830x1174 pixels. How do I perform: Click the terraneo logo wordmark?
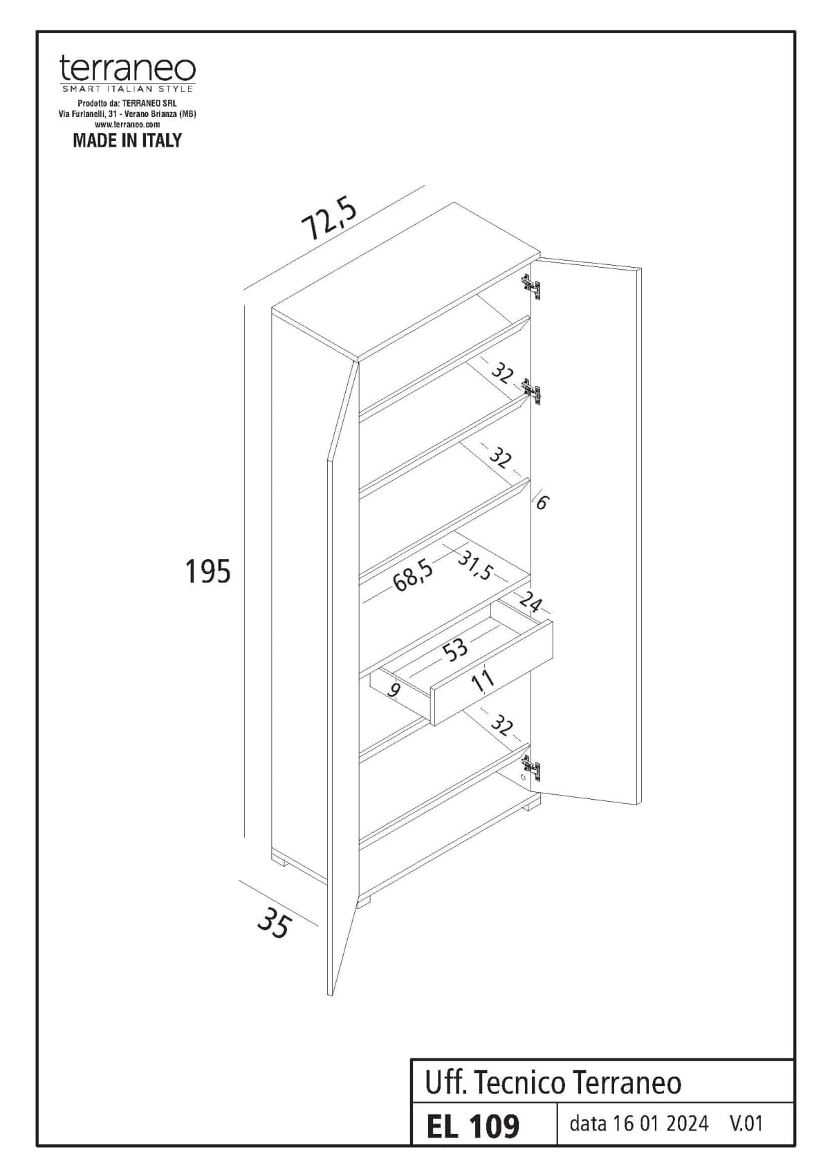pos(127,69)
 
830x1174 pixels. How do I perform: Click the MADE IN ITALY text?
pos(127,140)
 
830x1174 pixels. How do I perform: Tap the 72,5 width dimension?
pos(329,219)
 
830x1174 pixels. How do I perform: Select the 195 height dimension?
pos(207,571)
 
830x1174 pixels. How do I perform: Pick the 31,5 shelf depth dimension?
pos(475,567)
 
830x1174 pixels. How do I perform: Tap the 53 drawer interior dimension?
pos(455,650)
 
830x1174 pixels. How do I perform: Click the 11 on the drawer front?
pos(482,679)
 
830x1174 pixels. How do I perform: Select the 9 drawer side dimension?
pos(394,689)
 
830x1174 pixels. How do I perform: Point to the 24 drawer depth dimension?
pos(531,603)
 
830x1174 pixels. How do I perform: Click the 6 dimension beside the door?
pos(542,502)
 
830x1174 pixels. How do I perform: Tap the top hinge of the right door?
pos(531,286)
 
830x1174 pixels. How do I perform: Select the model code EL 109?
pos(473,1126)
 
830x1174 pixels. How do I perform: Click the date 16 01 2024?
pos(638,1123)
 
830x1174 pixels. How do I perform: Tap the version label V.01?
pos(746,1123)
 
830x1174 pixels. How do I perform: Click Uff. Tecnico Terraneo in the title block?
pos(553,1083)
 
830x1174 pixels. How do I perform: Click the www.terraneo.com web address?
pos(127,125)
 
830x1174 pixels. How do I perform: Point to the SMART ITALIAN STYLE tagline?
pos(127,89)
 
